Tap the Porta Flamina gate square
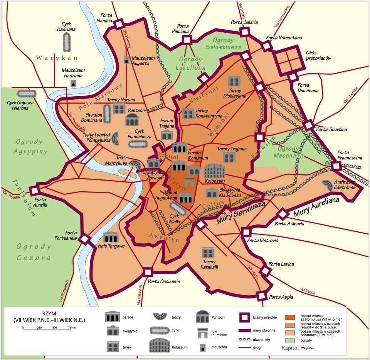point(118,24)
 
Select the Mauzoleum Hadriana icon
point(73,83)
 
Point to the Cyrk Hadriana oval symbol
point(67,42)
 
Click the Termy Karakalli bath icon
point(208,253)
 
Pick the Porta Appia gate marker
point(262,296)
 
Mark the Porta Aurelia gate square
point(34,191)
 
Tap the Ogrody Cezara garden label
point(34,252)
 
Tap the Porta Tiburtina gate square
point(309,126)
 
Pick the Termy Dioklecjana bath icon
point(234,81)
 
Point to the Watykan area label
point(57,58)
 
